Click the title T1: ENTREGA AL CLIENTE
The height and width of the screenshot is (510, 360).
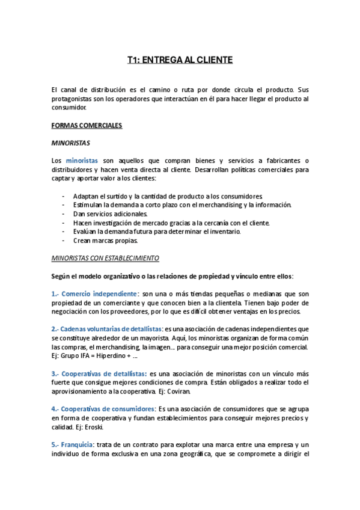[x=180, y=60]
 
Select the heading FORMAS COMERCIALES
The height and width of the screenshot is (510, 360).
[x=87, y=126]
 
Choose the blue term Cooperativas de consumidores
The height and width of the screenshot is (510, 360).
[x=106, y=409]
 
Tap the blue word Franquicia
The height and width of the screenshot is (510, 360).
[x=76, y=444]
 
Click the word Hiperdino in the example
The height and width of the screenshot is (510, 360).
[x=116, y=356]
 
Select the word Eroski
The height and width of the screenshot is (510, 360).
[x=94, y=427]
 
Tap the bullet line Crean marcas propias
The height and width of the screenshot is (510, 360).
[x=105, y=241]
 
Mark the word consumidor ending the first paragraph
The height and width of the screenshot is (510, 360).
[x=69, y=108]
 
